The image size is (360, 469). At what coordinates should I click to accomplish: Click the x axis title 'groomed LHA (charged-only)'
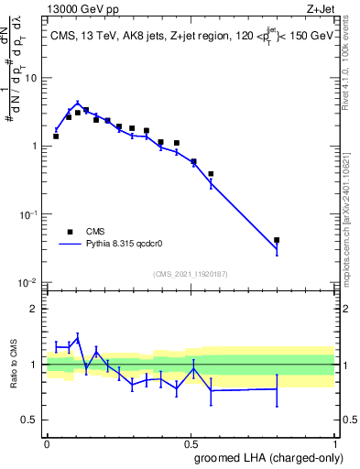pos(265,460)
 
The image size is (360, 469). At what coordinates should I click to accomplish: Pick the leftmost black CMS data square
pos(56,136)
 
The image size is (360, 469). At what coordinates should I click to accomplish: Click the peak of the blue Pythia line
pos(78,104)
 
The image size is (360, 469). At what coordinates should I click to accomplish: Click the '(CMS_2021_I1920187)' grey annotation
pos(191,274)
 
